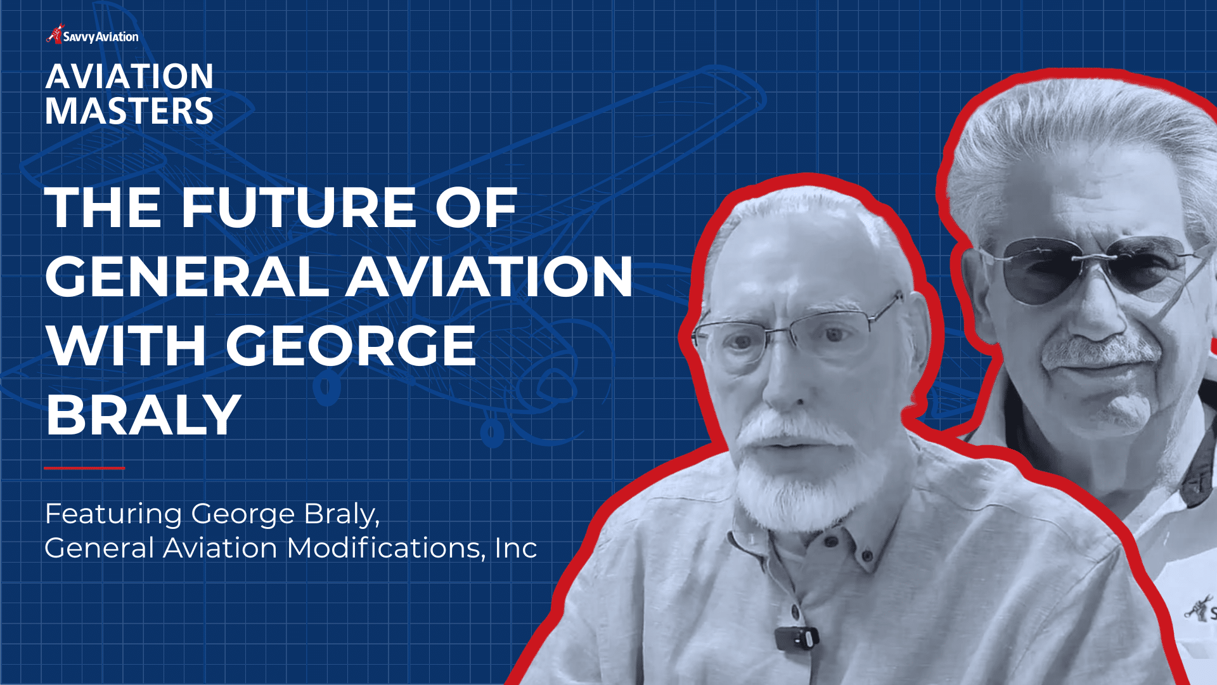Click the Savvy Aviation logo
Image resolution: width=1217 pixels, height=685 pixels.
click(93, 36)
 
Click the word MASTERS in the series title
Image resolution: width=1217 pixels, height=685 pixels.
click(129, 112)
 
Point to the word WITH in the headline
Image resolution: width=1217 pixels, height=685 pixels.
click(126, 346)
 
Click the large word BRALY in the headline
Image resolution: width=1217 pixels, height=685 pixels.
click(143, 415)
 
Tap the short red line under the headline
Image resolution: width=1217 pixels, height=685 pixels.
click(84, 468)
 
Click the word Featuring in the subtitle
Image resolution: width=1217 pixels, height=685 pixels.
click(113, 514)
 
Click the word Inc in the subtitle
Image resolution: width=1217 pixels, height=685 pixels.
click(516, 548)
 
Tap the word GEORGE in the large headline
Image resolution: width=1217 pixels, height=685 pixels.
click(351, 346)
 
